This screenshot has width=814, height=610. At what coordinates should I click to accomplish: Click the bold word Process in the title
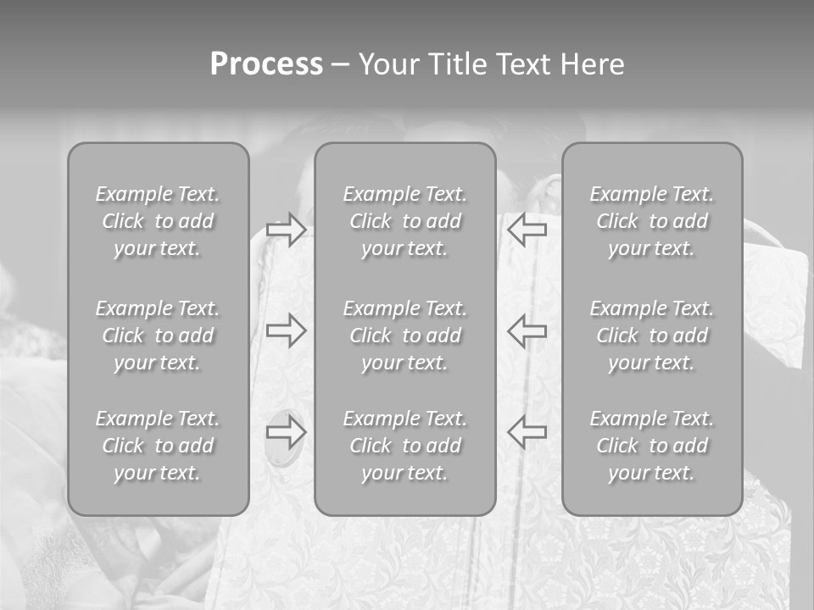pyautogui.click(x=266, y=64)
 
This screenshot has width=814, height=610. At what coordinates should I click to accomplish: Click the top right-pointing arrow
pyautogui.click(x=286, y=230)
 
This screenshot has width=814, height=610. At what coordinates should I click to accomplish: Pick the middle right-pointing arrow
pyautogui.click(x=286, y=330)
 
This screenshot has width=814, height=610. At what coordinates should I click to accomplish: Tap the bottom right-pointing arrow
pyautogui.click(x=286, y=432)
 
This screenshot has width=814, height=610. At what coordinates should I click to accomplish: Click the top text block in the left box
pyautogui.click(x=158, y=221)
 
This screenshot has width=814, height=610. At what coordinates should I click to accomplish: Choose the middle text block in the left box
pyautogui.click(x=158, y=335)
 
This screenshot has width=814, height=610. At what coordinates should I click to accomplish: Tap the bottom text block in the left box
pyautogui.click(x=158, y=446)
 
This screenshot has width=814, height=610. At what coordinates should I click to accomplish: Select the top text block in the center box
pyautogui.click(x=404, y=221)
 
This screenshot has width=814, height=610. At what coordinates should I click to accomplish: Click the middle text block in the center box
pyautogui.click(x=404, y=335)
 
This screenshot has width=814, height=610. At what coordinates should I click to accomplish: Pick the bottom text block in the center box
pyautogui.click(x=404, y=446)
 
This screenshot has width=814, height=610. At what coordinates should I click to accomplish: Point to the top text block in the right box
pyautogui.click(x=652, y=221)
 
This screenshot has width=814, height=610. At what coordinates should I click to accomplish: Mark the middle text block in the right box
pyautogui.click(x=652, y=335)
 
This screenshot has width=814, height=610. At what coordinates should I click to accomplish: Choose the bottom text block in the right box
pyautogui.click(x=652, y=446)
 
